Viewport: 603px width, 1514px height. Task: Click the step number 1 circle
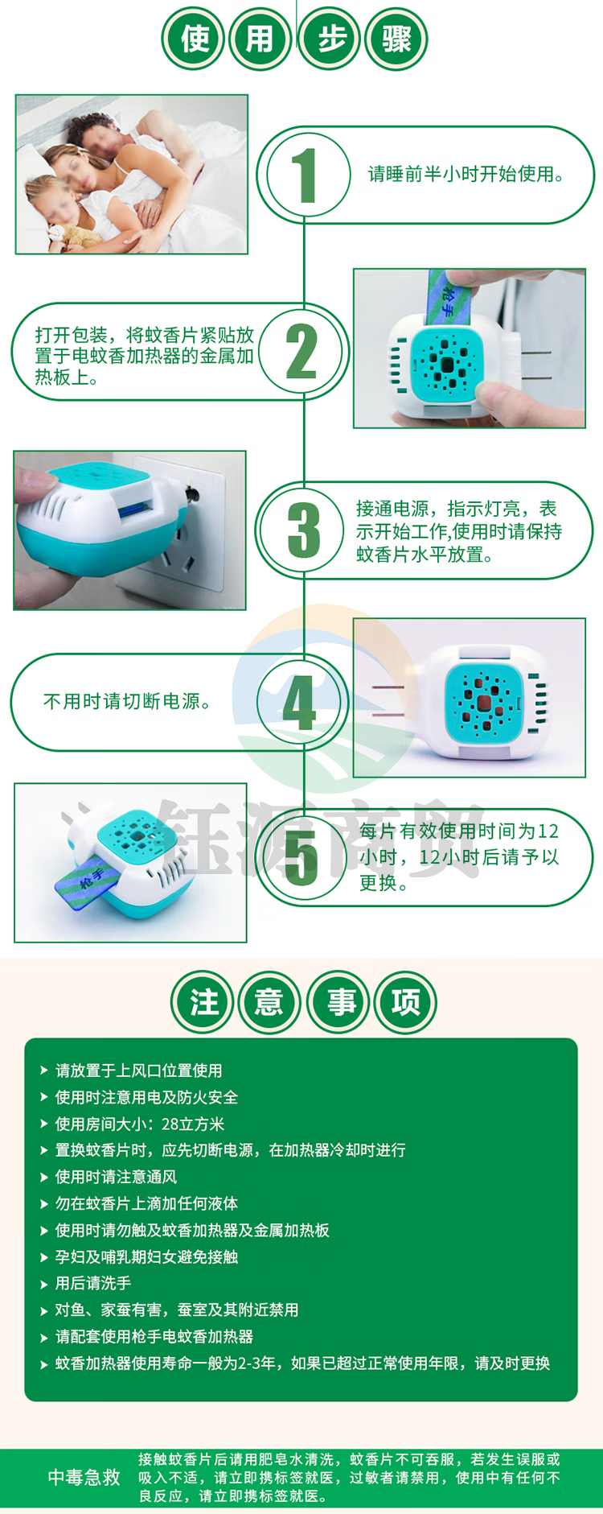(304, 175)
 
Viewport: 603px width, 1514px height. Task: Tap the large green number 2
(301, 352)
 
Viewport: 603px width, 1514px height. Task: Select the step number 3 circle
(304, 530)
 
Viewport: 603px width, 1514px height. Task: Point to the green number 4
(299, 703)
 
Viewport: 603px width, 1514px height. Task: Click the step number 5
(301, 858)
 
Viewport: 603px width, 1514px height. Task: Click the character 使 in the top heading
(194, 39)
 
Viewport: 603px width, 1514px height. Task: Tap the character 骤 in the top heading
(396, 39)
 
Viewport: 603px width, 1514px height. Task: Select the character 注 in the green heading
(203, 1002)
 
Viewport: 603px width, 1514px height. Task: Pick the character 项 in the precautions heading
(406, 1002)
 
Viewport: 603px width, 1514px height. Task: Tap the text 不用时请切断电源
(127, 702)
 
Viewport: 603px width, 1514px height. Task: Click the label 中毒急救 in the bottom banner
(84, 1477)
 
